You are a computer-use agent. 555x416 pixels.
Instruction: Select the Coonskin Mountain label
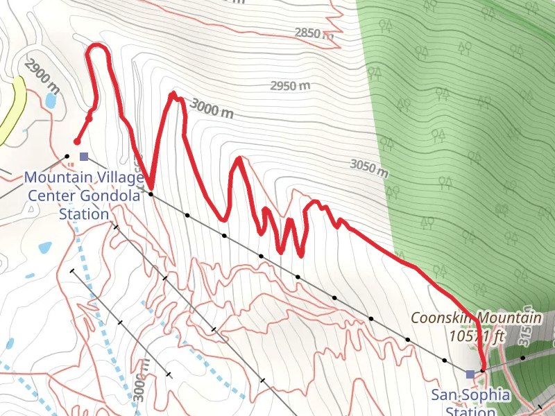(476, 318)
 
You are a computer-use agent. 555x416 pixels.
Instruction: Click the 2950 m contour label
(290, 86)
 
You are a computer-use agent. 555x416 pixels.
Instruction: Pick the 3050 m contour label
(369, 168)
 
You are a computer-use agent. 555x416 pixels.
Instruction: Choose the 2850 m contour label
(314, 33)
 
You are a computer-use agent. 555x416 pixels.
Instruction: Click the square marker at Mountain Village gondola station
(84, 157)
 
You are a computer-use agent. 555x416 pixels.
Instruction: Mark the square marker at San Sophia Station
(470, 374)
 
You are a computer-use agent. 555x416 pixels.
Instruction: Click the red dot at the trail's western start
(76, 142)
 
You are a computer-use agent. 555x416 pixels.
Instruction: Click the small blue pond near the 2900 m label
(51, 100)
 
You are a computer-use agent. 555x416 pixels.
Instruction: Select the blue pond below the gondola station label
(44, 247)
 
